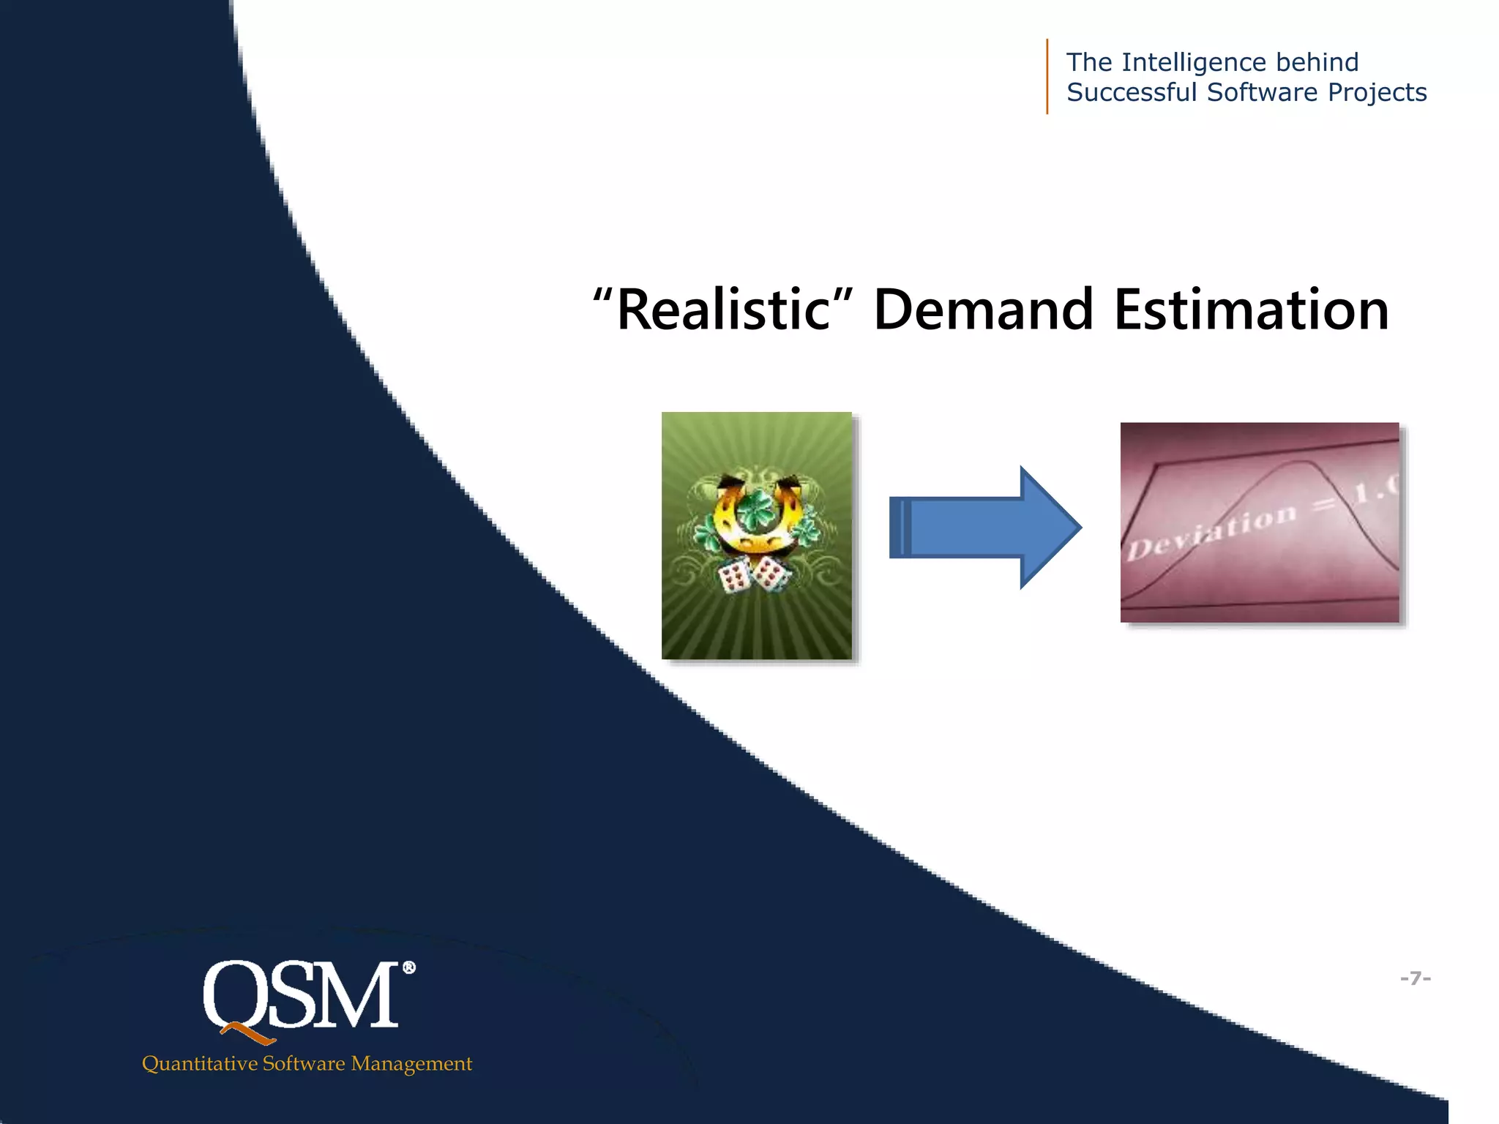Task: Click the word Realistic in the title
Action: pyautogui.click(x=722, y=310)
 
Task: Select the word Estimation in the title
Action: pyautogui.click(x=1251, y=310)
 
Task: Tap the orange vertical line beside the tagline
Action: pyautogui.click(x=1047, y=76)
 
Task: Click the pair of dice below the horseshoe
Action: pyautogui.click(x=755, y=574)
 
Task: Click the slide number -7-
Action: pyautogui.click(x=1415, y=978)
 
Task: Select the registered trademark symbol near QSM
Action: pyautogui.click(x=409, y=968)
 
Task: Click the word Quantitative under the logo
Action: pyautogui.click(x=199, y=1063)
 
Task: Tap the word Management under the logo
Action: pyautogui.click(x=411, y=1063)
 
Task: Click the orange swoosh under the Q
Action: pyautogui.click(x=249, y=1033)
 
